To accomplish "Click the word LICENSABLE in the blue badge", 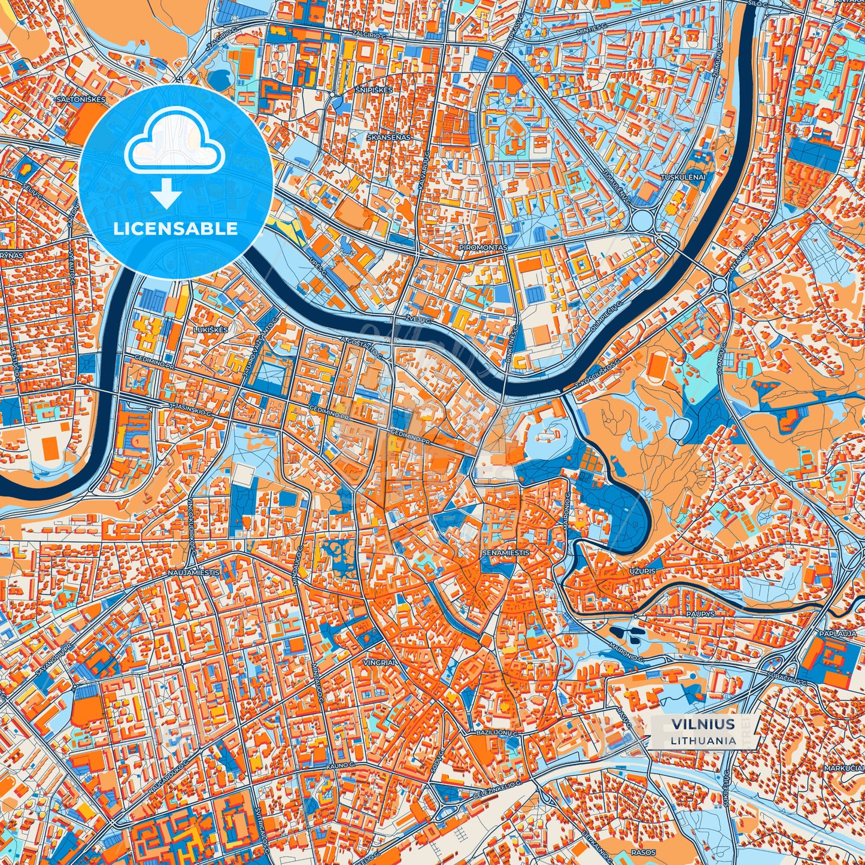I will [175, 229].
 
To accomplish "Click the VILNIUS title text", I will [703, 724].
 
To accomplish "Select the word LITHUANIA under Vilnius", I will [703, 740].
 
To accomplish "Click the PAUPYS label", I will [701, 614].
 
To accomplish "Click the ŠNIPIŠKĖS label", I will [373, 90].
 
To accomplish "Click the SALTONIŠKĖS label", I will [80, 99].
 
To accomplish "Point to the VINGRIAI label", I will [380, 663].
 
